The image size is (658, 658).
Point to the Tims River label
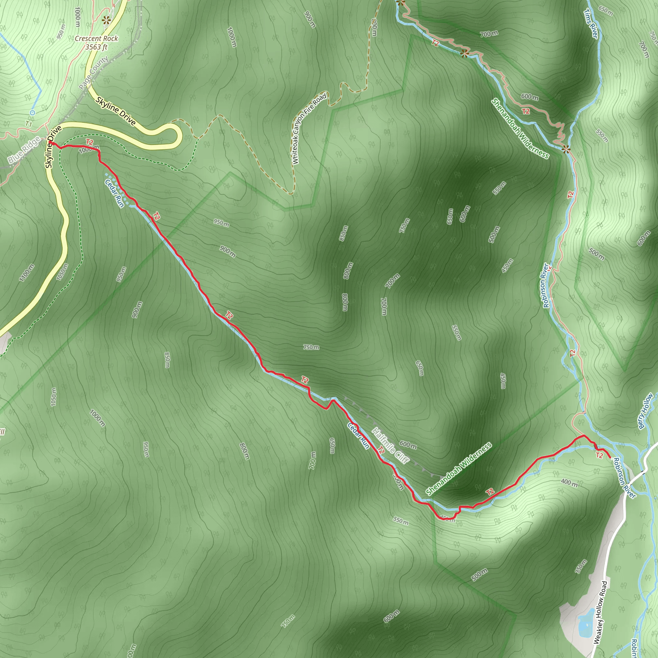coord(591,24)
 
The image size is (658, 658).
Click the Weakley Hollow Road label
coord(600,612)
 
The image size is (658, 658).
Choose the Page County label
coord(94,73)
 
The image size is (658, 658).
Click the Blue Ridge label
coord(24,149)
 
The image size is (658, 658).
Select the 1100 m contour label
coord(27,273)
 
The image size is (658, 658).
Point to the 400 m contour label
coord(569,483)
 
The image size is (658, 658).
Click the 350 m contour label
coord(581,566)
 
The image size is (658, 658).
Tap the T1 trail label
coord(29,124)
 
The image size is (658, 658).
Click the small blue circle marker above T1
coord(32,112)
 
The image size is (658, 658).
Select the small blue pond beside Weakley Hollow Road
coord(585,617)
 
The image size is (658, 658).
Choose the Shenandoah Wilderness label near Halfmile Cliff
coord(459,469)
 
